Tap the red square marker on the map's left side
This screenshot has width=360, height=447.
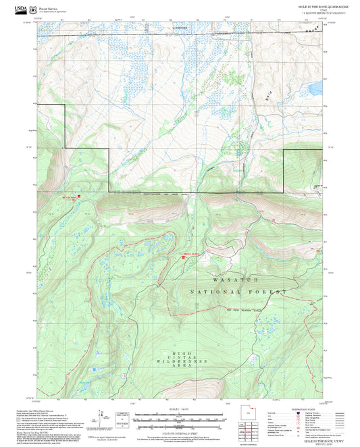[79, 196]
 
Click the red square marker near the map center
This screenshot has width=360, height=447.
[183, 257]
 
